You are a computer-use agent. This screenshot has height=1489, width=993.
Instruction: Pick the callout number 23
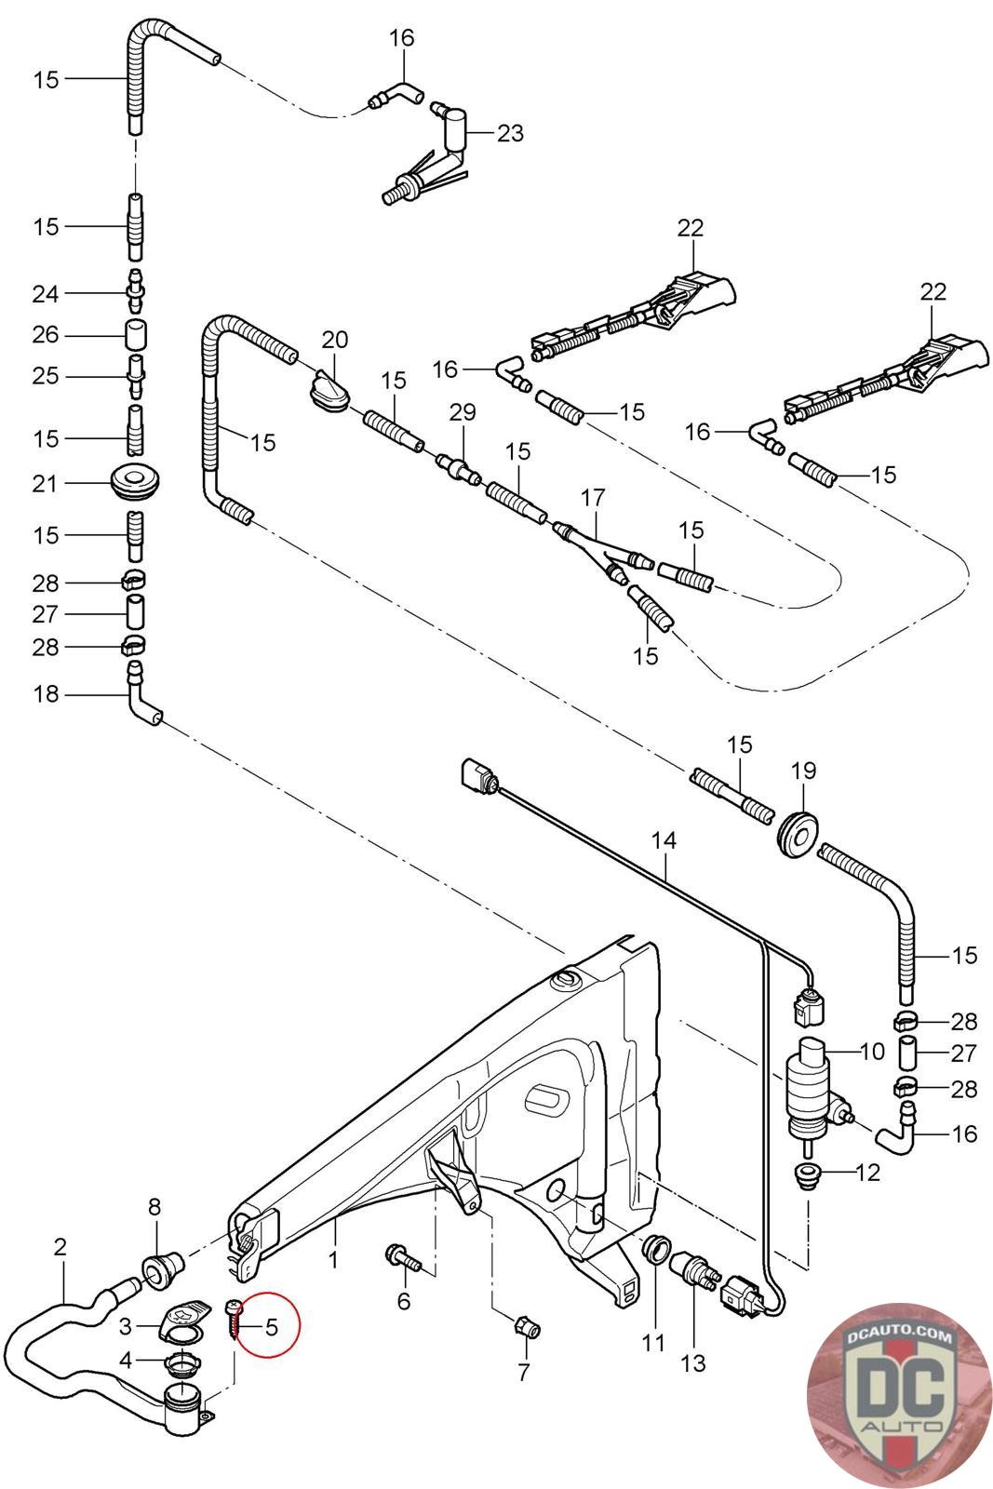pyautogui.click(x=510, y=134)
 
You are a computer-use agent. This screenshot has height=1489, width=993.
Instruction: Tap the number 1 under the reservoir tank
pyautogui.click(x=333, y=1260)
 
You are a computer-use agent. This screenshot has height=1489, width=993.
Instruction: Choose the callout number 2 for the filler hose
pyautogui.click(x=60, y=1247)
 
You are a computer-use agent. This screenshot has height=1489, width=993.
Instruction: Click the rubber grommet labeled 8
pyautogui.click(x=155, y=1267)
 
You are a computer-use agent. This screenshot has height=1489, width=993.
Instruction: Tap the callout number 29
pyautogui.click(x=463, y=411)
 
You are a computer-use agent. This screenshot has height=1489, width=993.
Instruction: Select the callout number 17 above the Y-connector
pyautogui.click(x=593, y=498)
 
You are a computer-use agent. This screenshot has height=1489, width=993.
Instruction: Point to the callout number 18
pyautogui.click(x=46, y=693)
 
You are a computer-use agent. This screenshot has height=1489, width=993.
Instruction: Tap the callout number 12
pyautogui.click(x=866, y=1173)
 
